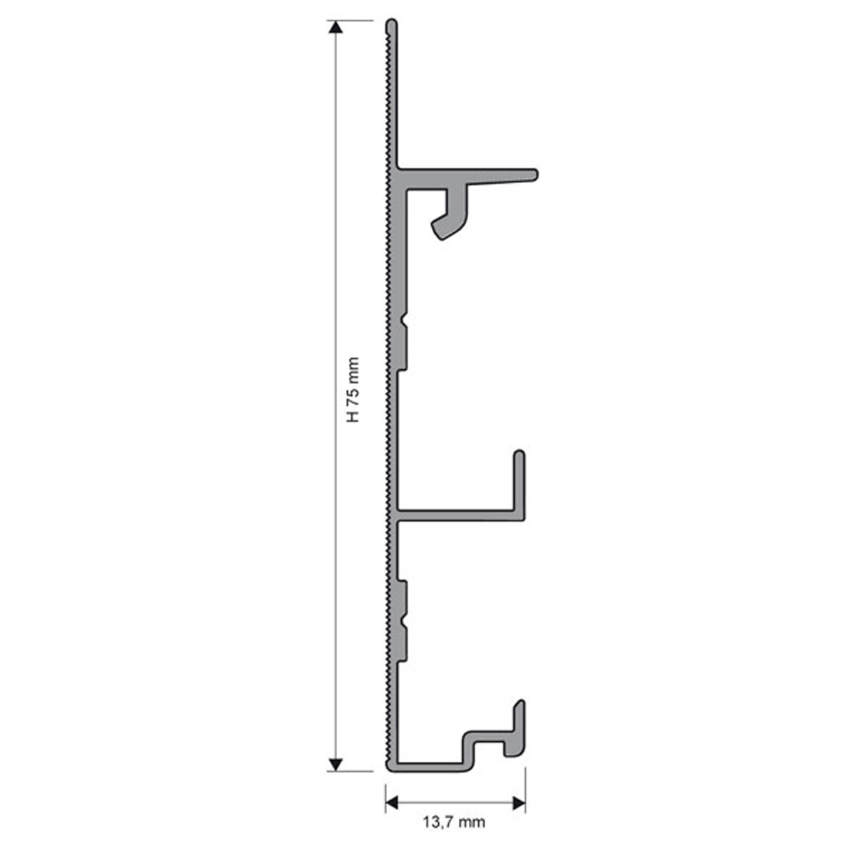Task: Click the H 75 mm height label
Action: [x=353, y=389]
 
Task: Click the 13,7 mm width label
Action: [x=454, y=822]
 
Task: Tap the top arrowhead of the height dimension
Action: [x=336, y=27]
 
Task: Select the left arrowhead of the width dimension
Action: [x=392, y=802]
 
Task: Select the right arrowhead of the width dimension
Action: [x=519, y=802]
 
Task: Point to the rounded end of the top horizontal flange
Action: [x=535, y=175]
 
